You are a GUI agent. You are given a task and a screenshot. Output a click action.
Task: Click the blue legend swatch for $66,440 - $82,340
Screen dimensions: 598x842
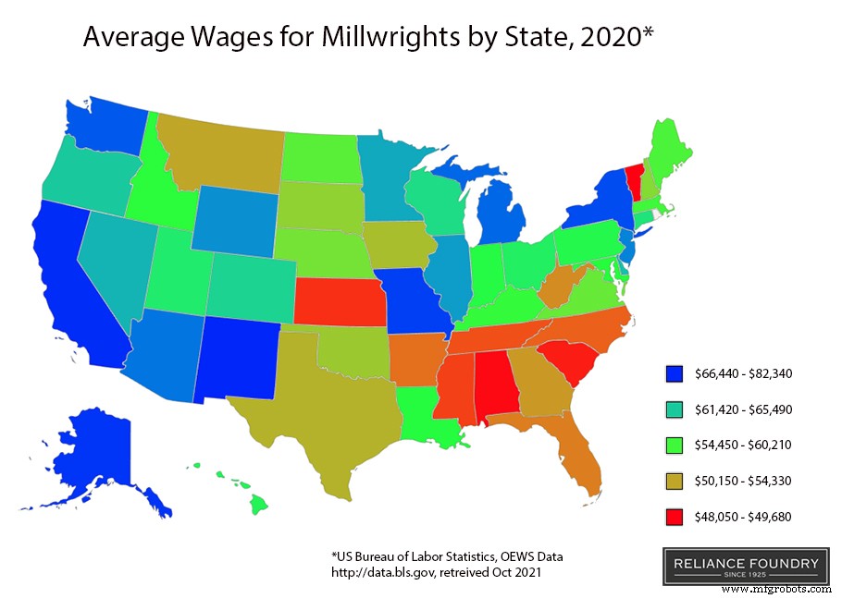tap(675, 374)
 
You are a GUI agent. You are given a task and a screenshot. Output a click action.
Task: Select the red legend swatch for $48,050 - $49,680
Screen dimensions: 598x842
tap(675, 516)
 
